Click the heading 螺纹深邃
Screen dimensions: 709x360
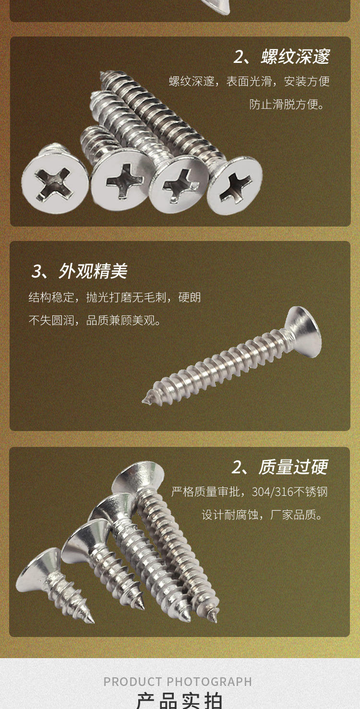295,57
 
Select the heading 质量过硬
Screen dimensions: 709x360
293,467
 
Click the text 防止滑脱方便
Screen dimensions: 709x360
287,105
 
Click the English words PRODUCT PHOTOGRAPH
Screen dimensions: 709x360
178,682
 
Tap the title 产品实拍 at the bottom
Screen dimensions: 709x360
180,701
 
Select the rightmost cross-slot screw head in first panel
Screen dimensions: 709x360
235,185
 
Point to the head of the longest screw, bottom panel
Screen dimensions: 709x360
138,478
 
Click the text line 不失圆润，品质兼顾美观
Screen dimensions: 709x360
95,320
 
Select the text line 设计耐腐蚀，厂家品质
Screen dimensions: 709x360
262,516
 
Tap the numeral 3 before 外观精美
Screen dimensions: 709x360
36,272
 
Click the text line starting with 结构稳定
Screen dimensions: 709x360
114,298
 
